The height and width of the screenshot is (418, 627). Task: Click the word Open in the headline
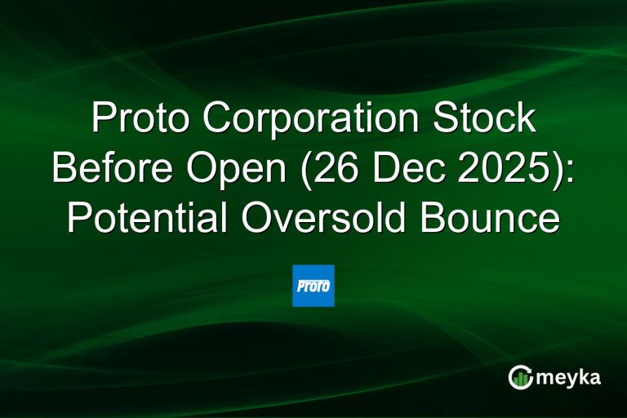234,169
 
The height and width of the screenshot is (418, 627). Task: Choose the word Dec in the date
395,169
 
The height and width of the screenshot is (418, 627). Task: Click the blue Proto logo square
313,286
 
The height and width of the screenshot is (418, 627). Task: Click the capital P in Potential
79,218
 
